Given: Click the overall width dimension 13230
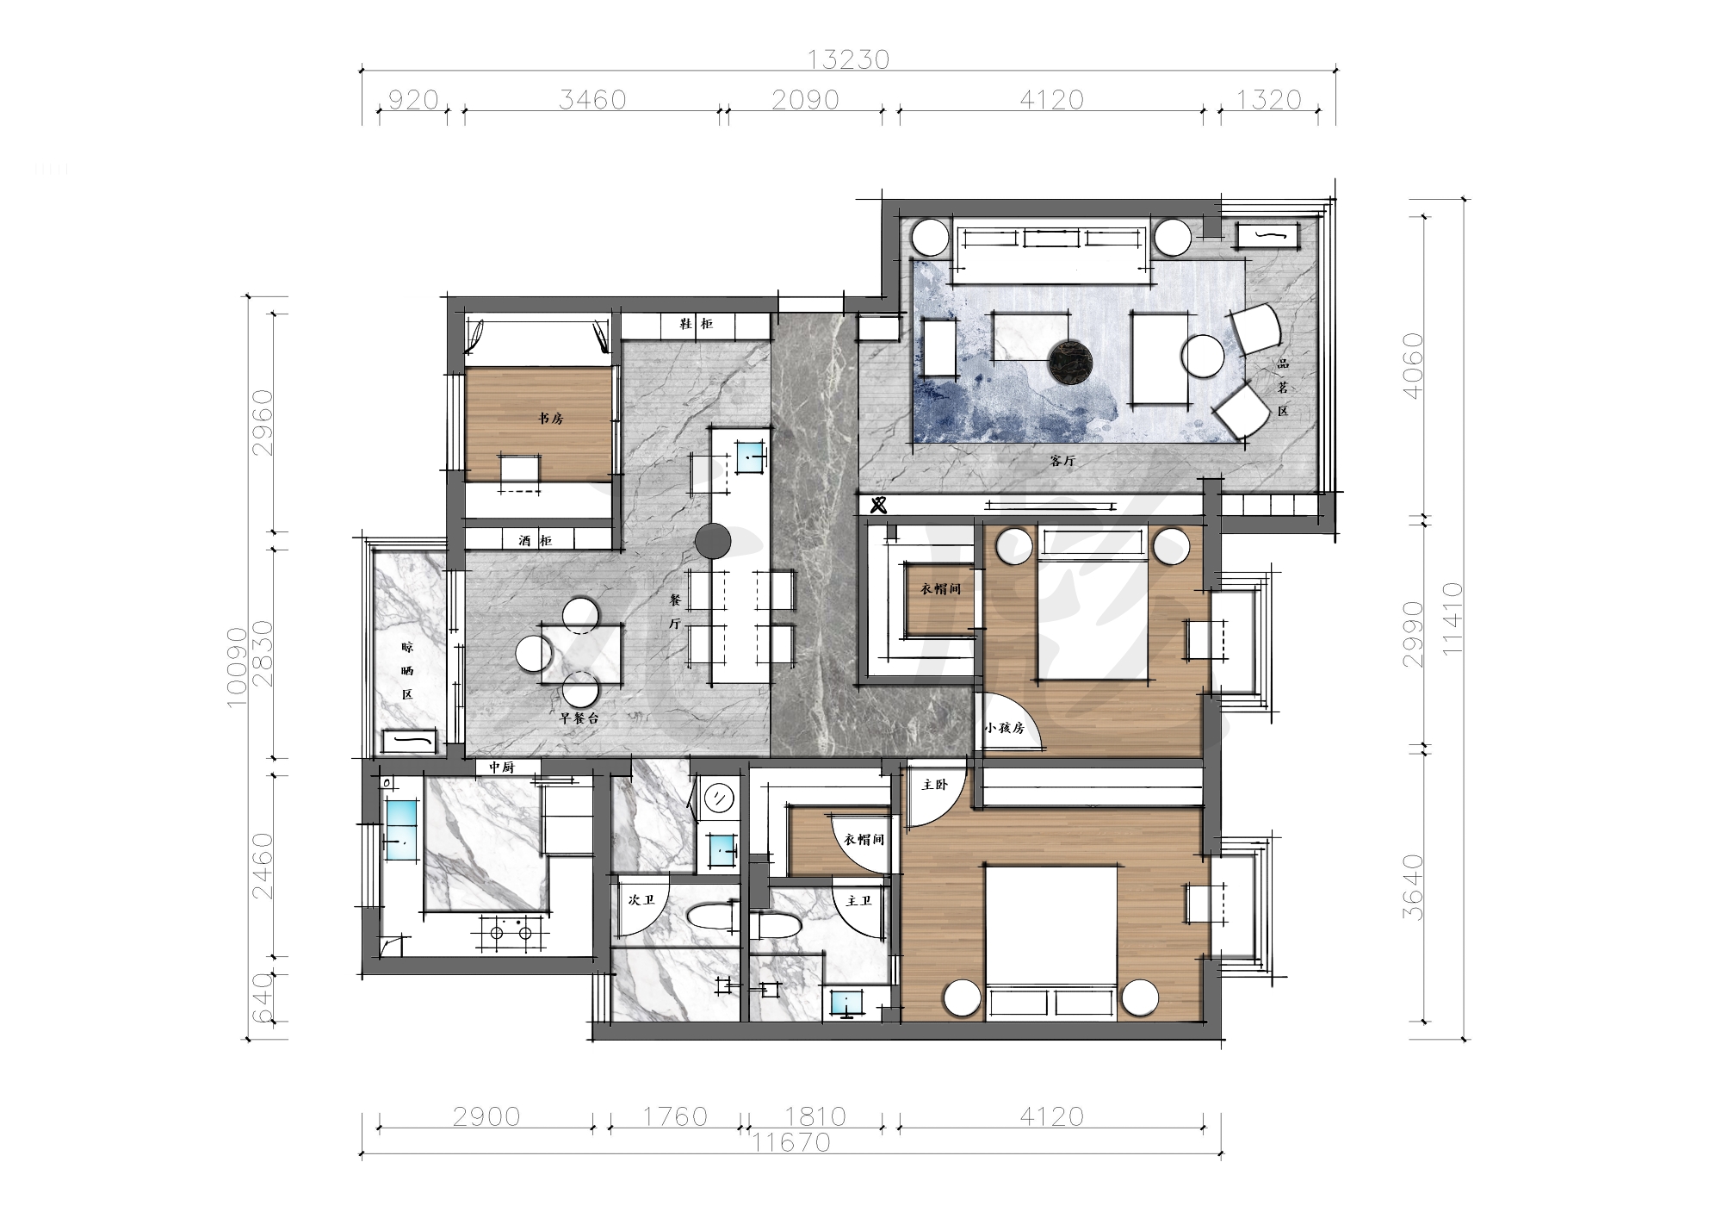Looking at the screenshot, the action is tap(848, 59).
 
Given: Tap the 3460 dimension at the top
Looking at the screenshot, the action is tap(592, 100).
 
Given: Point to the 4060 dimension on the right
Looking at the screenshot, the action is tap(1414, 365).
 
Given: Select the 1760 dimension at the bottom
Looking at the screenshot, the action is tap(675, 1116).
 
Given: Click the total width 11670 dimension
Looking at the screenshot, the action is tap(791, 1142).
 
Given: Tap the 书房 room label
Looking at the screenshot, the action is tap(551, 419).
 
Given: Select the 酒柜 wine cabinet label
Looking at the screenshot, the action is tap(536, 541).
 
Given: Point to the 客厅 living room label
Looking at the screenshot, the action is tap(1063, 461).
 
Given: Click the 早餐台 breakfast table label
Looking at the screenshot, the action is tap(579, 717).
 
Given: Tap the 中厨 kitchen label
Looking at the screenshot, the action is tap(501, 767).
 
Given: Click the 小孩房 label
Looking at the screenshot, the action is tap(1005, 728).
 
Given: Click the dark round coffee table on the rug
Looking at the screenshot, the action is tap(1070, 361).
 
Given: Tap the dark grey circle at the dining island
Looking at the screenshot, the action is tap(713, 541).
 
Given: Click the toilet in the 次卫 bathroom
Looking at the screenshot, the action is tap(712, 916).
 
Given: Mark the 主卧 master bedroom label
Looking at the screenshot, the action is tap(934, 786).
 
